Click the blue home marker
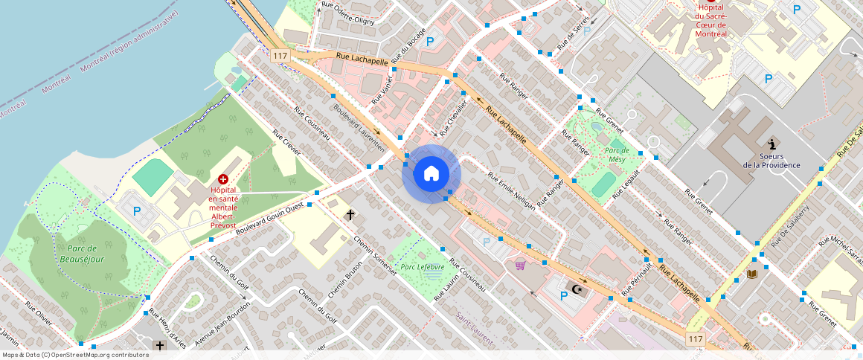(x=431, y=174)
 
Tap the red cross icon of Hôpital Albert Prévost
(x=223, y=179)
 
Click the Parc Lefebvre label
(x=422, y=266)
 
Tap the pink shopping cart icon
(x=520, y=265)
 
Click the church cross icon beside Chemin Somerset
(x=350, y=214)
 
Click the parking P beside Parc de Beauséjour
(x=136, y=211)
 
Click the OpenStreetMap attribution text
(x=76, y=355)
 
